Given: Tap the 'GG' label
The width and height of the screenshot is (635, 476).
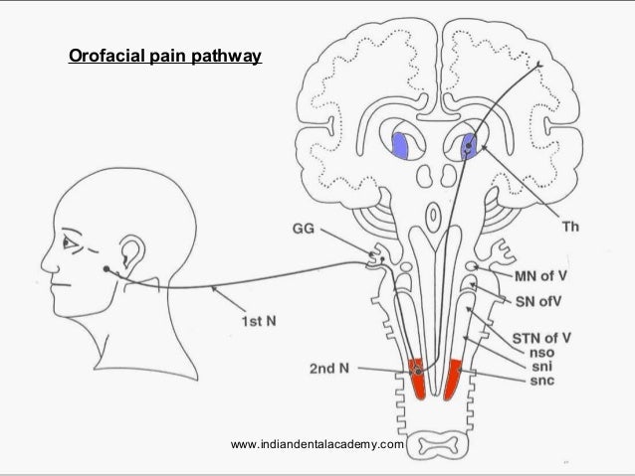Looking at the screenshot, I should click(x=305, y=230).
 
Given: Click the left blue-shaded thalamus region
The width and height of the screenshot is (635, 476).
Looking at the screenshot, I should click(x=404, y=144).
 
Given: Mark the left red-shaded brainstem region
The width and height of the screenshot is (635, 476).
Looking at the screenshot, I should click(x=415, y=377).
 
